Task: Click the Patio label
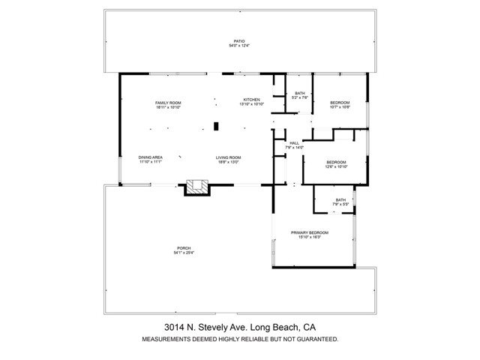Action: [x=238, y=40]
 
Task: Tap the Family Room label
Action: [x=168, y=103]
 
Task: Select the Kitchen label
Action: [x=250, y=99]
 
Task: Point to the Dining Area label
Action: [x=150, y=157]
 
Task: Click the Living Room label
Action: [x=227, y=157]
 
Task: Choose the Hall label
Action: [x=294, y=142]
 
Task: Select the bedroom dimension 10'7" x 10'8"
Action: [x=340, y=107]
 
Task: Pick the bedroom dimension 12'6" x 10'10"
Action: [x=335, y=167]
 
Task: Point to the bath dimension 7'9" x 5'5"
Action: [x=340, y=205]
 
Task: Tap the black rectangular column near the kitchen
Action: [x=215, y=126]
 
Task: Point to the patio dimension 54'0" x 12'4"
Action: [x=238, y=46]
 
